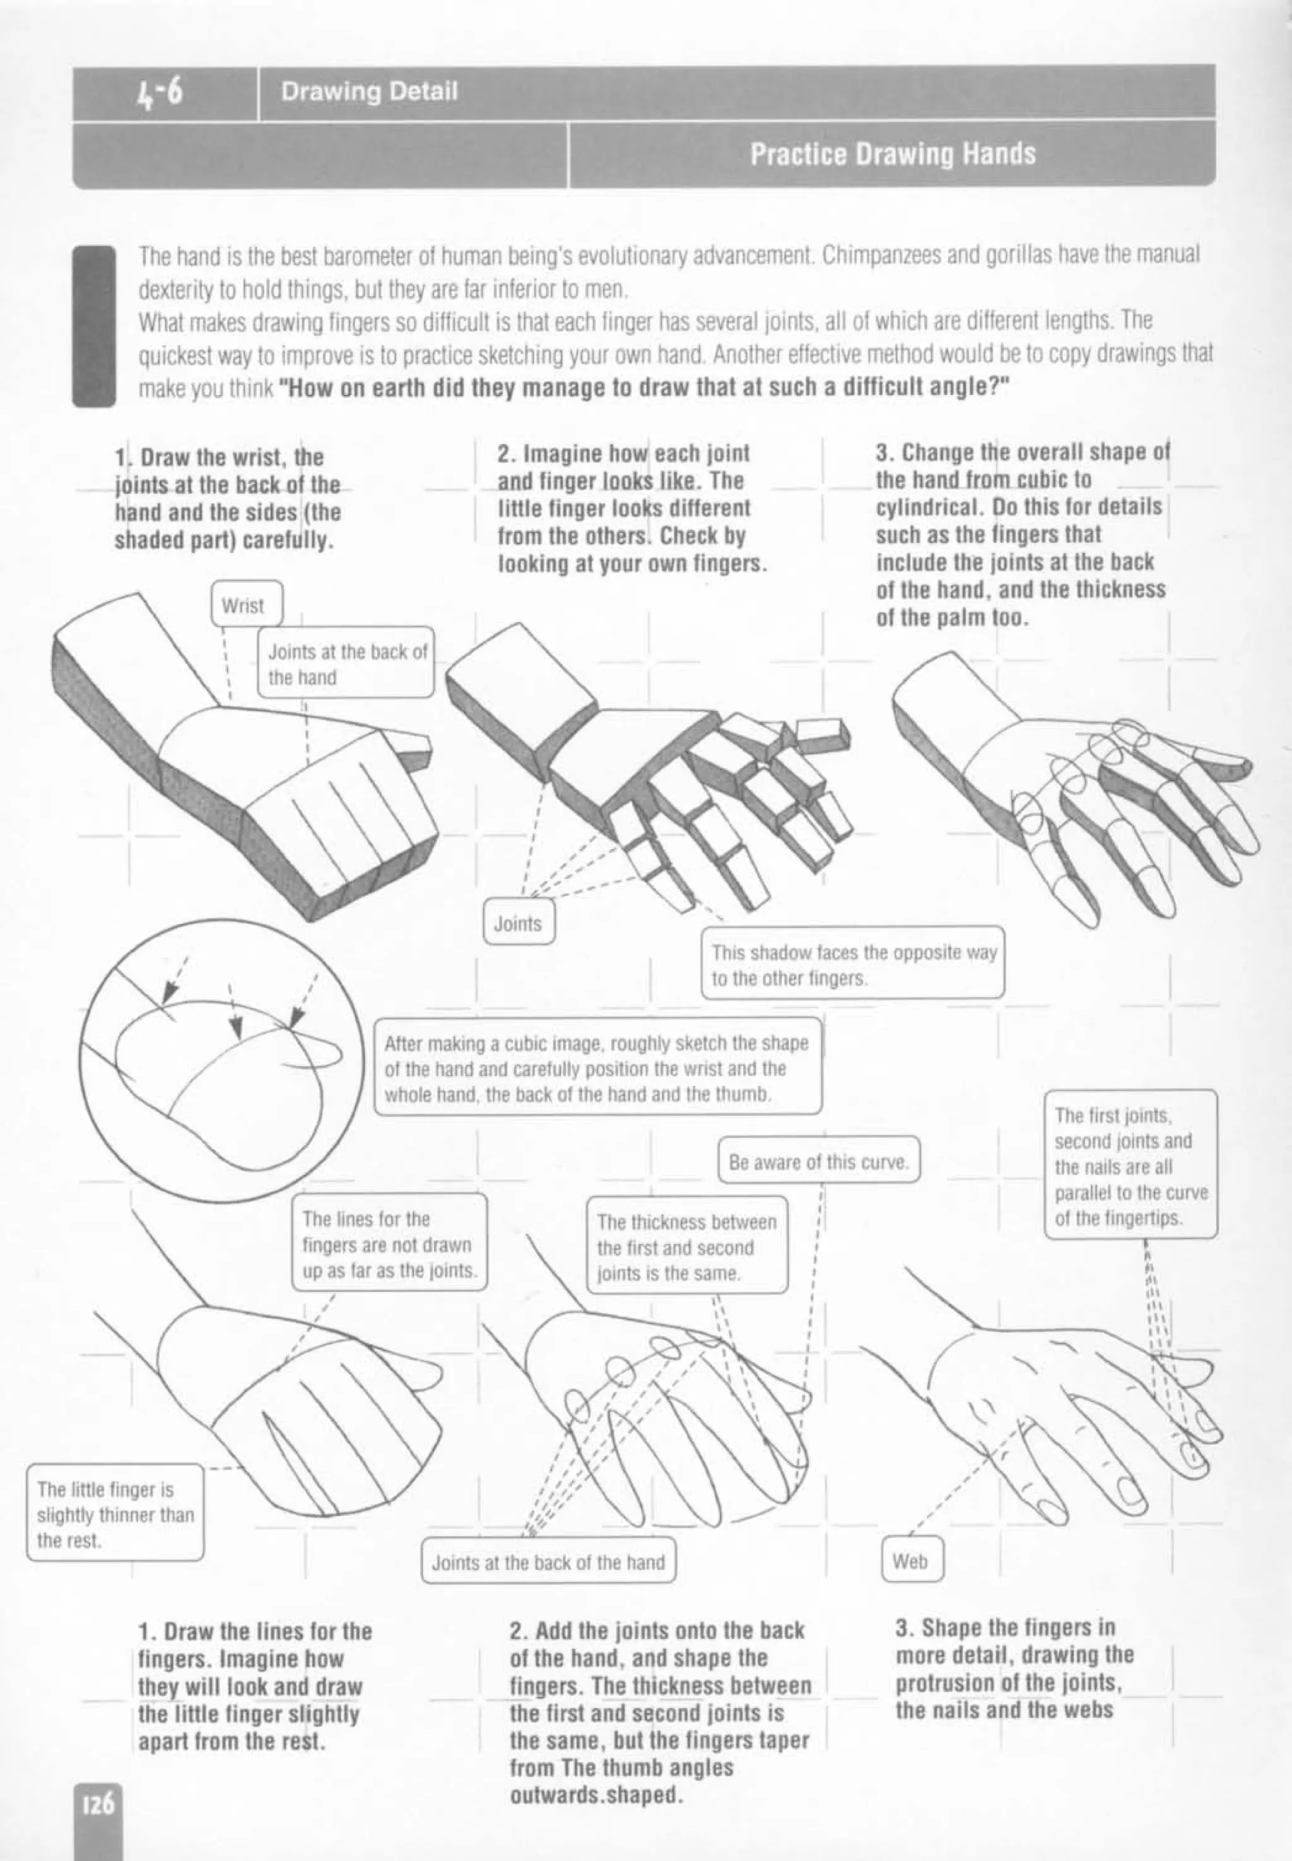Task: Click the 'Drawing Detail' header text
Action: [369, 91]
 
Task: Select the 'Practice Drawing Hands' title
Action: [892, 154]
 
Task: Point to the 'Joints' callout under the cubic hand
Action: [518, 923]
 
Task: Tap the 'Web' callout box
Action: [911, 1561]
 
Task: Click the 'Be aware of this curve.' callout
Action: [818, 1162]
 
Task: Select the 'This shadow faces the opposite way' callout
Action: [852, 964]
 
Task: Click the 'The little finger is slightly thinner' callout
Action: [115, 1514]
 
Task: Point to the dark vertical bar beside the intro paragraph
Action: [94, 326]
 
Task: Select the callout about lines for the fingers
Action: [389, 1244]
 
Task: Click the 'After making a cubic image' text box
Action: [597, 1068]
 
